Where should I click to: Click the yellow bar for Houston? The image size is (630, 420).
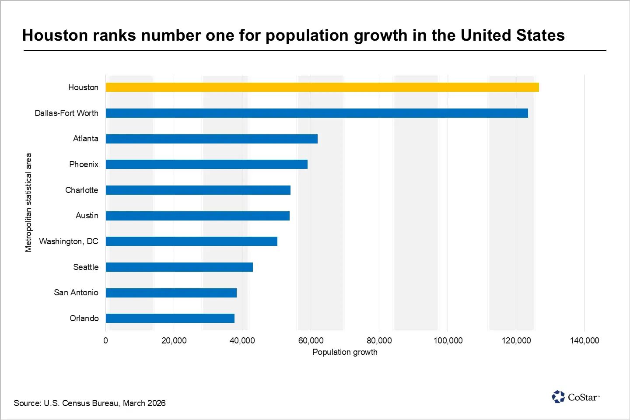(x=322, y=87)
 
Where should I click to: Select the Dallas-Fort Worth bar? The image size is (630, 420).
(x=317, y=113)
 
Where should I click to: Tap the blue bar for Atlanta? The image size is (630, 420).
(x=211, y=139)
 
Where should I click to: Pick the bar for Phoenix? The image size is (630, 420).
(x=206, y=164)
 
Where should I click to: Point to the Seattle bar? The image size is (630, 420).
(x=179, y=267)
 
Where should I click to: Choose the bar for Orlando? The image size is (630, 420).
(x=170, y=318)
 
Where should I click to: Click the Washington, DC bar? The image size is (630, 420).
(x=191, y=241)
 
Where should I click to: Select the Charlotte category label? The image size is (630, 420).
(x=82, y=190)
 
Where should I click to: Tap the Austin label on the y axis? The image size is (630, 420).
(x=87, y=215)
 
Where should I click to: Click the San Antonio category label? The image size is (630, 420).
(x=76, y=292)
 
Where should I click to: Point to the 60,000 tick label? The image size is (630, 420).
(x=311, y=340)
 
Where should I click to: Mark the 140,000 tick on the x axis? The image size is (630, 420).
(x=584, y=340)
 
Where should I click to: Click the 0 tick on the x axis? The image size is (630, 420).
(x=105, y=340)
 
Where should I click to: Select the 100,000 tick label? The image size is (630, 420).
(x=448, y=340)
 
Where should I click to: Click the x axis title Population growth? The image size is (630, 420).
(x=345, y=352)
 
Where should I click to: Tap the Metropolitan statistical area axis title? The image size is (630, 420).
(x=28, y=203)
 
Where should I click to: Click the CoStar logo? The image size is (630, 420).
(x=575, y=397)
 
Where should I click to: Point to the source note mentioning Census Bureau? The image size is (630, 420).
(x=90, y=403)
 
